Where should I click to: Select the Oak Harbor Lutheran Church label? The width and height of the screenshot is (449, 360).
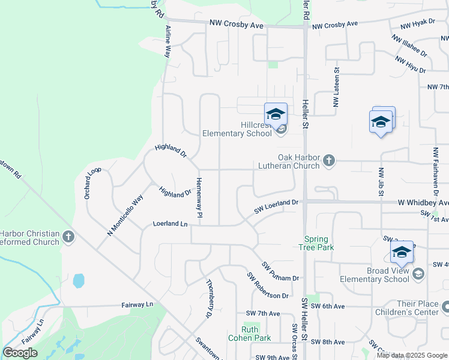pyautogui.click(x=289, y=161)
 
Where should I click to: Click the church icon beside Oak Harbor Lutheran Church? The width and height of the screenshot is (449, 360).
pyautogui.click(x=328, y=160)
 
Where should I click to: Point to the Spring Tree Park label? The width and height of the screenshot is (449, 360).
pyautogui.click(x=319, y=243)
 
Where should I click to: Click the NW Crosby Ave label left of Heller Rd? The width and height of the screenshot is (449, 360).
pyautogui.click(x=237, y=25)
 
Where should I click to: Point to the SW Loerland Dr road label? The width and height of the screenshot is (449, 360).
pyautogui.click(x=276, y=206)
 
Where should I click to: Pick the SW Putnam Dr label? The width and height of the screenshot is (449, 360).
pyautogui.click(x=280, y=271)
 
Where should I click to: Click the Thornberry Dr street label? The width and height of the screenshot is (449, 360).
pyautogui.click(x=209, y=298)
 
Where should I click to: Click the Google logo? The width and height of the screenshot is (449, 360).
pyautogui.click(x=20, y=353)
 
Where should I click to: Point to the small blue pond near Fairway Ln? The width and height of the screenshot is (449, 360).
pyautogui.click(x=78, y=280)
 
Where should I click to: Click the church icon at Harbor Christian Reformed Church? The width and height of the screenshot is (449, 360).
pyautogui.click(x=68, y=237)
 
